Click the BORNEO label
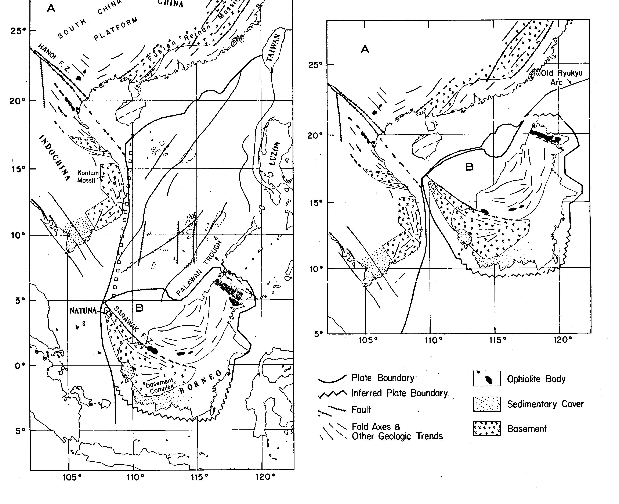point(200,382)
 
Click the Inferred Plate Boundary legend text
point(400,393)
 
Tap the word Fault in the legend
point(361,410)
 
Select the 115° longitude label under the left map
point(200,477)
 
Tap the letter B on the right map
point(469,167)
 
